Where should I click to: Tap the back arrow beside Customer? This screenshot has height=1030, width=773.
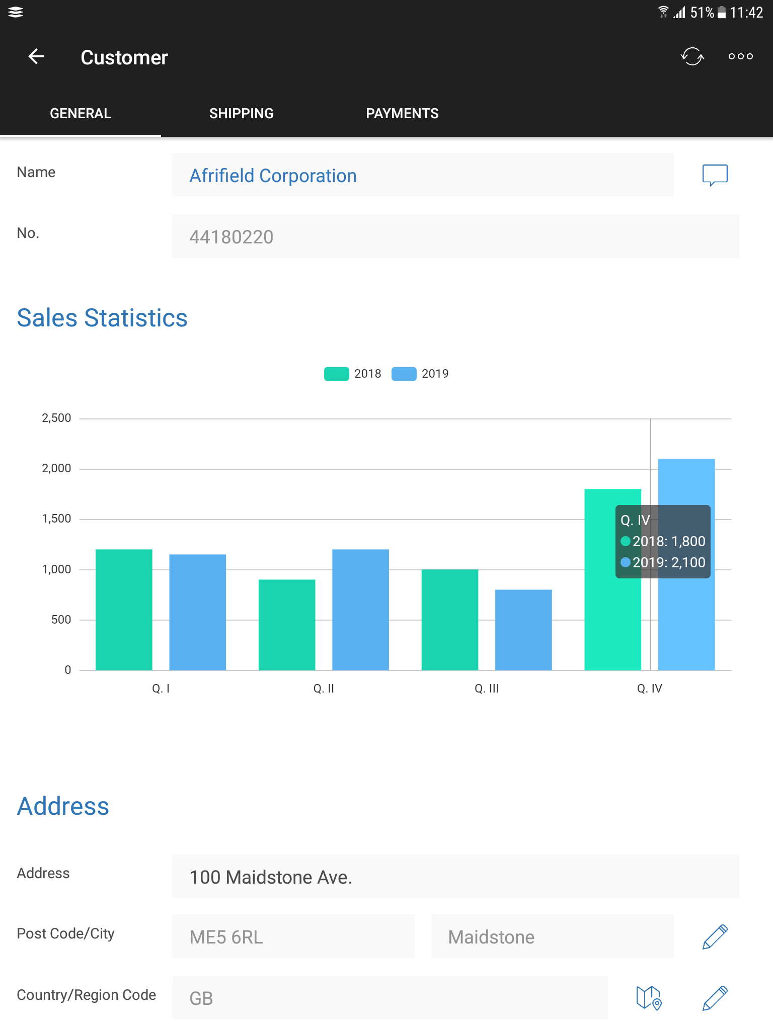(36, 57)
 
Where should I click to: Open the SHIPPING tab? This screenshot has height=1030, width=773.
(241, 114)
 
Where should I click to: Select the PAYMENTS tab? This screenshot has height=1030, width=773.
(402, 114)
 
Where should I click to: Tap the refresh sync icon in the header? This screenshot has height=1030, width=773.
(692, 56)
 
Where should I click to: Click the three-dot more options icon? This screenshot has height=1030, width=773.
(740, 56)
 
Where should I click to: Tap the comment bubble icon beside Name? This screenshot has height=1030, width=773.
(715, 175)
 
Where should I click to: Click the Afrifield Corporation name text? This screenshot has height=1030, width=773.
(273, 176)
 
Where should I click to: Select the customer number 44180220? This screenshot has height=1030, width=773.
(231, 237)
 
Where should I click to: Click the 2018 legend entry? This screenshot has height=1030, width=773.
(353, 374)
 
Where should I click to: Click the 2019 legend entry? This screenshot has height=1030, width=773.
(420, 374)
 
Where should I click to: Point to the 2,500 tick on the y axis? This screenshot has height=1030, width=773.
(56, 418)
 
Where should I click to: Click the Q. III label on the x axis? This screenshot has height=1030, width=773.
(487, 689)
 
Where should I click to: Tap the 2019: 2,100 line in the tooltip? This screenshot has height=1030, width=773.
(663, 562)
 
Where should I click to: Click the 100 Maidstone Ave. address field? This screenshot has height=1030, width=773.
(455, 877)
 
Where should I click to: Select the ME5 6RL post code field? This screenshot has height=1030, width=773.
(293, 937)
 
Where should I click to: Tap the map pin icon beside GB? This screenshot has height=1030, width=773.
(649, 998)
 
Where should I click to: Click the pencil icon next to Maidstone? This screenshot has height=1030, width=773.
(715, 937)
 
